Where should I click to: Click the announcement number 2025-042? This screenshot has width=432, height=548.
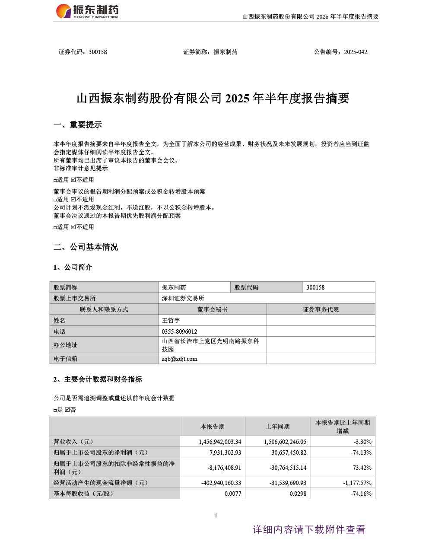click(356, 52)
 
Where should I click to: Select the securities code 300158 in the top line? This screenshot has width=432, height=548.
click(98, 52)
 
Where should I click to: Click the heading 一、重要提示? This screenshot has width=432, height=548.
click(78, 125)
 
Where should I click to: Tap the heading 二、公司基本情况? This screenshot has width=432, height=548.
click(86, 247)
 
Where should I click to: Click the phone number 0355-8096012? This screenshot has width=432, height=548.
click(179, 331)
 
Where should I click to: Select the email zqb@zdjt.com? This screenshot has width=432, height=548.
click(179, 359)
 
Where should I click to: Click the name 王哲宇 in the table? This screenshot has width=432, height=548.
click(171, 320)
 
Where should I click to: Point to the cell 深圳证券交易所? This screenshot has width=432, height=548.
click(183, 298)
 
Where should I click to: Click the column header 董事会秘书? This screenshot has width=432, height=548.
click(212, 309)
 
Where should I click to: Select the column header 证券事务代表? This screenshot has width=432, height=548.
click(321, 309)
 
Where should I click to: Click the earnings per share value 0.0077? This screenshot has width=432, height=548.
click(233, 494)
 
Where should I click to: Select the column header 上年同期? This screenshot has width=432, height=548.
click(277, 427)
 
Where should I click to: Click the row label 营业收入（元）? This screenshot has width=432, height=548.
click(73, 442)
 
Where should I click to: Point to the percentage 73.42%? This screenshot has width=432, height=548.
click(362, 468)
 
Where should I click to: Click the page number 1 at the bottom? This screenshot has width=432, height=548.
click(216, 515)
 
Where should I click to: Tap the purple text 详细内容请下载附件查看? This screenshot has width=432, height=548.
click(309, 529)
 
